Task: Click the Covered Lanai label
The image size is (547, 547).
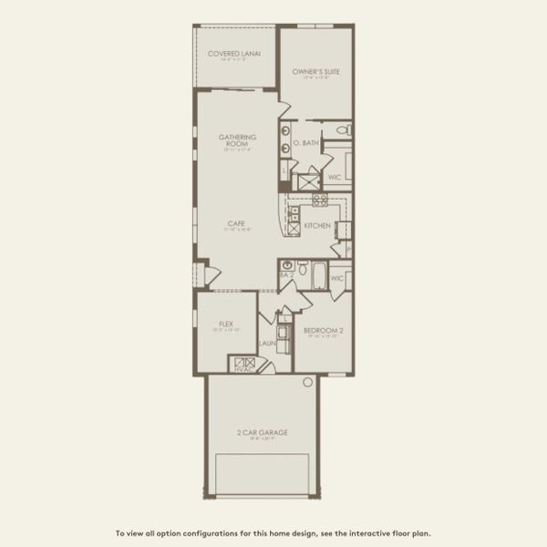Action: tap(234, 54)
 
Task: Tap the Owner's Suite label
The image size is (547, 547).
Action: tap(316, 71)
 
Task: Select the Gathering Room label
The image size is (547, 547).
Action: tap(237, 140)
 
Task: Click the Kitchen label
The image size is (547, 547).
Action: tap(317, 225)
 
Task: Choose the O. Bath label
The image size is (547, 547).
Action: tap(305, 143)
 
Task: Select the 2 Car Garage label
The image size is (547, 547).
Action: tap(262, 432)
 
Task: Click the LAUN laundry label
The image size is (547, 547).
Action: tap(267, 343)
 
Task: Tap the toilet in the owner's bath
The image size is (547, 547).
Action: tap(343, 130)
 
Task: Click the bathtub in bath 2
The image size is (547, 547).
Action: tap(319, 274)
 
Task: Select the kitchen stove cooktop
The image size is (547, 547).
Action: tap(320, 200)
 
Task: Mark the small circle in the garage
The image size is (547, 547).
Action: tap(308, 382)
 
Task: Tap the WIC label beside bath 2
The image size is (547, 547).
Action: tap(337, 278)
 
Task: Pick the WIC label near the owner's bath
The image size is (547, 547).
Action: tap(334, 177)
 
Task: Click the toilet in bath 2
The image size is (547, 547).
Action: tap(302, 268)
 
